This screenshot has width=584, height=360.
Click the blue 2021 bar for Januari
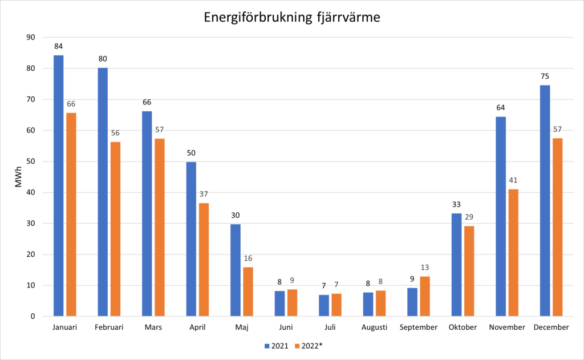tap(59, 185)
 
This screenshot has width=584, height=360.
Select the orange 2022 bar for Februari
tap(115, 229)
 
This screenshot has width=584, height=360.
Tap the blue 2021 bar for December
tap(545, 201)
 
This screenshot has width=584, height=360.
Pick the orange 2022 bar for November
tap(513, 253)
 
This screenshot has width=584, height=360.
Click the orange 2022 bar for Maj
tap(248, 292)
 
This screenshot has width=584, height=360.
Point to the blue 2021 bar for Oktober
tap(457, 265)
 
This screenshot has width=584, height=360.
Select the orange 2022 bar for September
tap(425, 296)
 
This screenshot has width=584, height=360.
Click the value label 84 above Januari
tap(59, 46)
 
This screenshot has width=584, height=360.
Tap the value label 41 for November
tap(513, 180)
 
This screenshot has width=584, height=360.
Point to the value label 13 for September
tap(425, 268)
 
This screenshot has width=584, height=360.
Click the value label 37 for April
tap(204, 194)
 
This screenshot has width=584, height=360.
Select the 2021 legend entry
tap(277, 346)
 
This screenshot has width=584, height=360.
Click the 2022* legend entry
tap(309, 346)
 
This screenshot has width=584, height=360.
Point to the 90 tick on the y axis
tap(31, 37)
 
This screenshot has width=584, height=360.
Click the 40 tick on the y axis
tap(31, 192)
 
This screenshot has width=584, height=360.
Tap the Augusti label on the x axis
tap(374, 327)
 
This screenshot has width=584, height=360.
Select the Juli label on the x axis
tap(330, 327)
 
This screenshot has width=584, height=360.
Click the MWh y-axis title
tap(18, 177)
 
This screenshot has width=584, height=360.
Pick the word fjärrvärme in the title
tap(348, 18)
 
